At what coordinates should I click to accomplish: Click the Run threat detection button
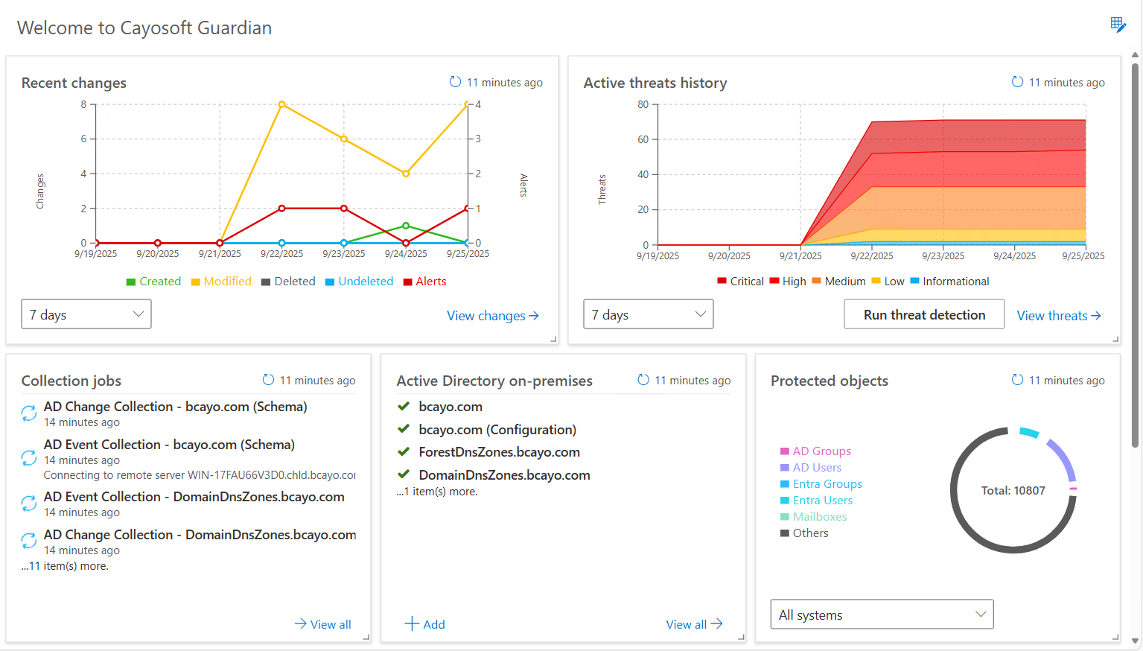pyautogui.click(x=924, y=314)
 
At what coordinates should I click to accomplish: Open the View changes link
pyautogui.click(x=493, y=316)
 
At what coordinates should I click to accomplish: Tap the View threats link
pyautogui.click(x=1059, y=316)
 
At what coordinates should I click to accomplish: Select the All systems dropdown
pyautogui.click(x=882, y=615)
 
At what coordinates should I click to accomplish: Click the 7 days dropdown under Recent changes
pyautogui.click(x=86, y=314)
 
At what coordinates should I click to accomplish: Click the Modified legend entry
pyautogui.click(x=221, y=282)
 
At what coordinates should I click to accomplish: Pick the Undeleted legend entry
pyautogui.click(x=359, y=282)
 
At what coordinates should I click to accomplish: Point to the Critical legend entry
pyautogui.click(x=740, y=282)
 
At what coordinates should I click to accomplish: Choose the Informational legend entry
pyautogui.click(x=949, y=282)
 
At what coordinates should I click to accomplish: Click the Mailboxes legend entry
pyautogui.click(x=813, y=517)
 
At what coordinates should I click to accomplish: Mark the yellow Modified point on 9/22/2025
pyautogui.click(x=281, y=104)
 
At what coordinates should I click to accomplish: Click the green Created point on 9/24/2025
pyautogui.click(x=406, y=226)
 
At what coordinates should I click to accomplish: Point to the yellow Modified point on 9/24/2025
pyautogui.click(x=406, y=174)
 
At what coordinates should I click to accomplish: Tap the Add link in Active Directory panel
pyautogui.click(x=424, y=624)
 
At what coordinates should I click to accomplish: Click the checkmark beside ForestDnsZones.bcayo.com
pyautogui.click(x=404, y=452)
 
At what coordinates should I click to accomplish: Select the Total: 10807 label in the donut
pyautogui.click(x=1013, y=491)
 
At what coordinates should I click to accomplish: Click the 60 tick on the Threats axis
pyautogui.click(x=643, y=139)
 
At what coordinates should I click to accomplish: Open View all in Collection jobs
pyautogui.click(x=322, y=624)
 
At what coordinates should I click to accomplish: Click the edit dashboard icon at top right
pyautogui.click(x=1118, y=25)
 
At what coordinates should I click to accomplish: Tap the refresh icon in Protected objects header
pyautogui.click(x=1017, y=380)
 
